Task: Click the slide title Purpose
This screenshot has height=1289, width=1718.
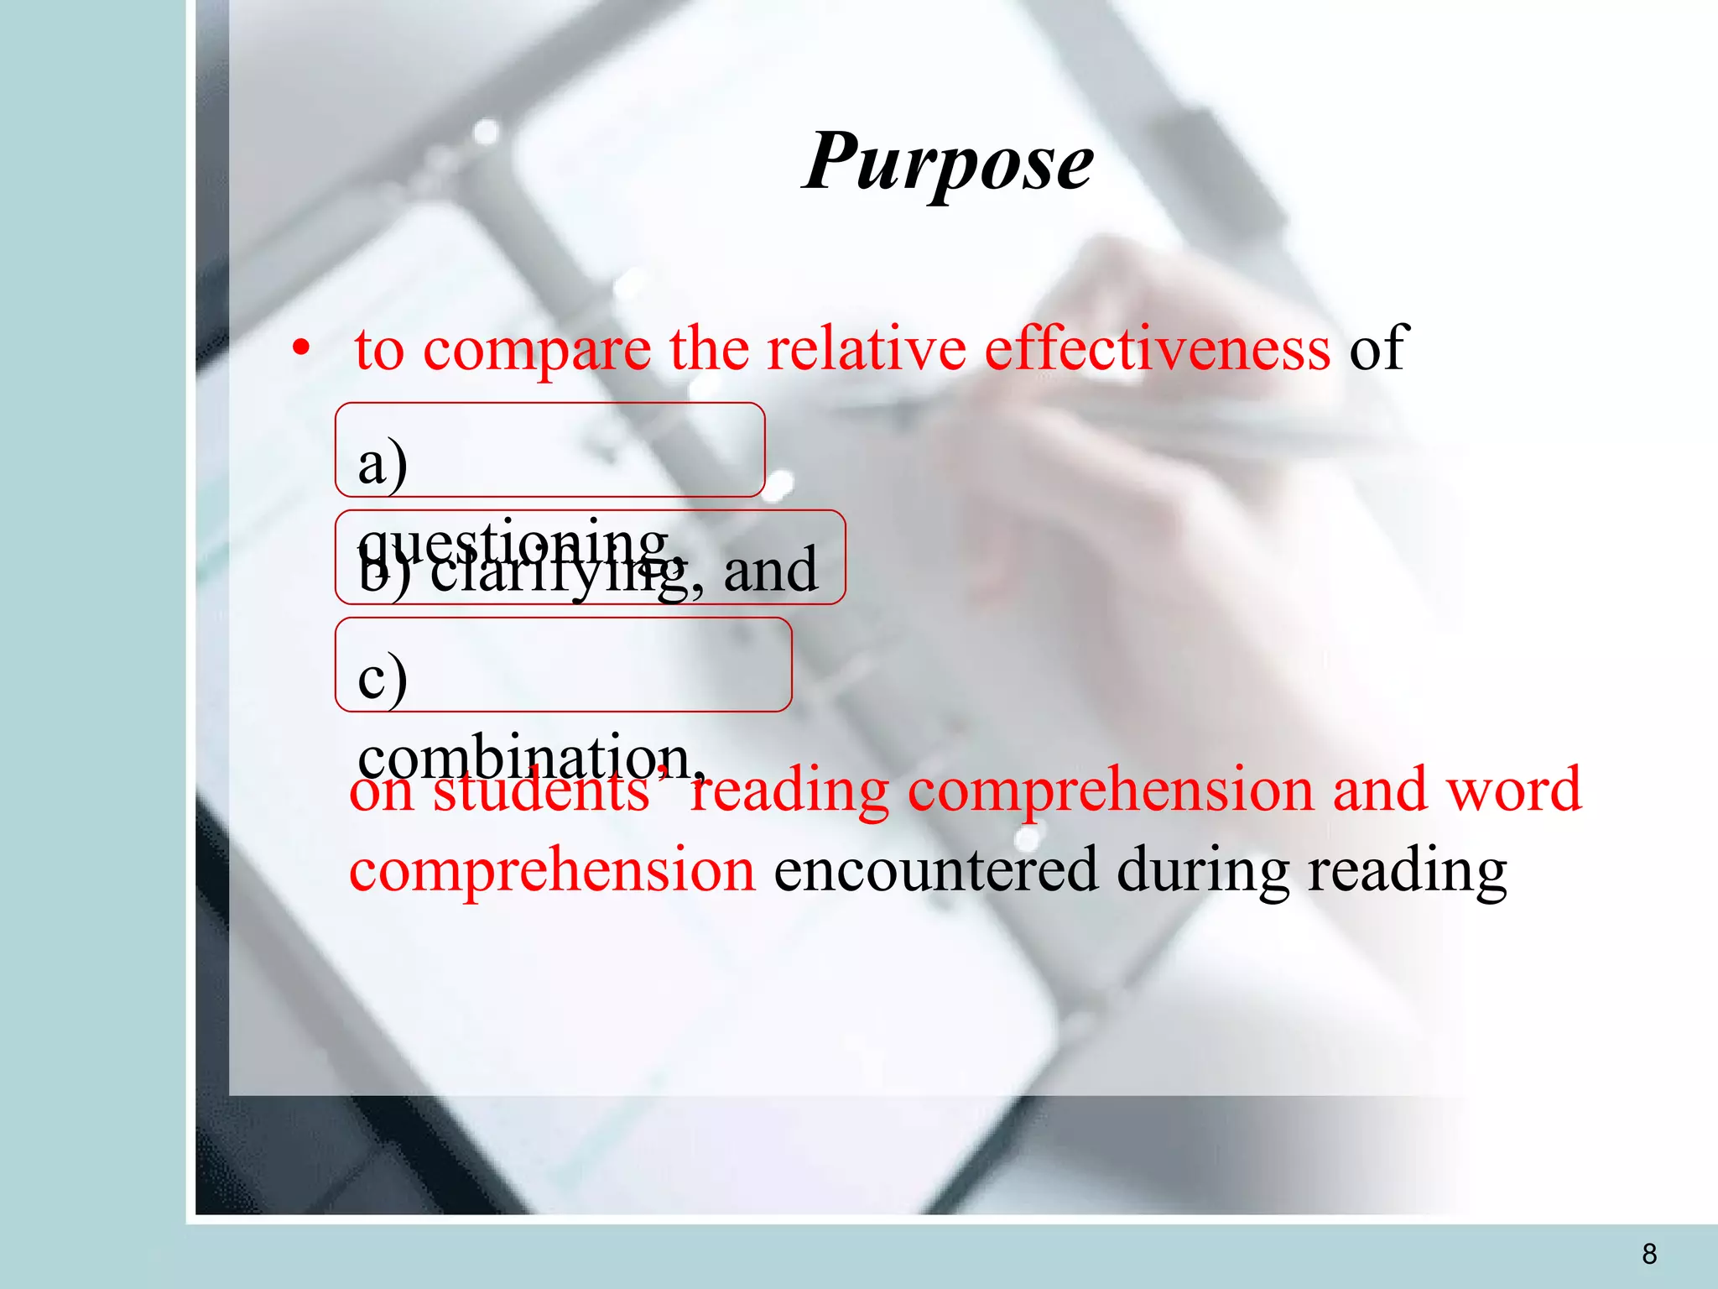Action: (948, 162)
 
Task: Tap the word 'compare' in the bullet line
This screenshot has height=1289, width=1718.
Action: (537, 349)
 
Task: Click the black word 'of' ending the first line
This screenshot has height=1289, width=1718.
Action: (1377, 347)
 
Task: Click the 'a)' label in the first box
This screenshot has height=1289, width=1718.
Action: (383, 464)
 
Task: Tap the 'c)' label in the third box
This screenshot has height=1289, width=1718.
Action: (383, 678)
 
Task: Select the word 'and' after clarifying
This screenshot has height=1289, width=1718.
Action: (770, 571)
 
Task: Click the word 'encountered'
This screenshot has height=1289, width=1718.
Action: (935, 870)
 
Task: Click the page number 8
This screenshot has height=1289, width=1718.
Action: (1649, 1254)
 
